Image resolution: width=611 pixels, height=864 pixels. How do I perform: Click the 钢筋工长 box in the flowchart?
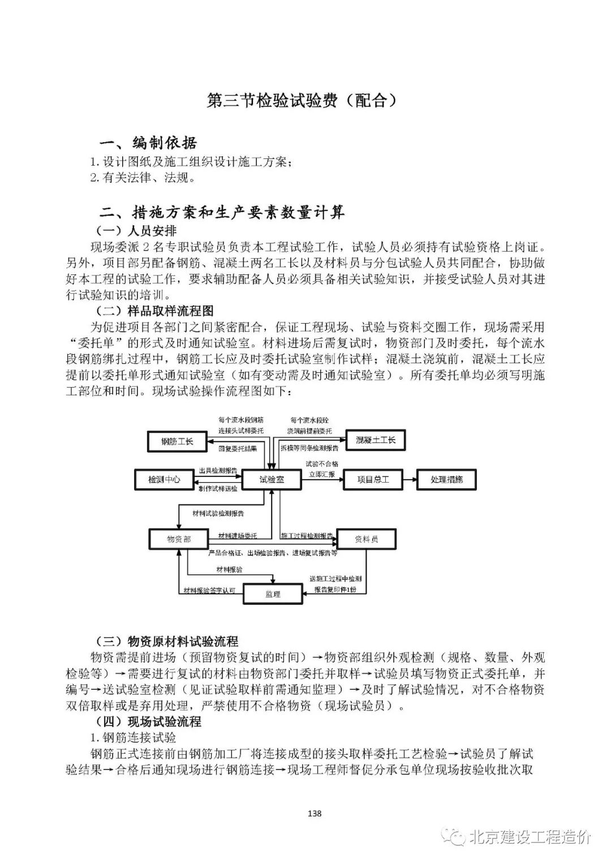(x=178, y=441)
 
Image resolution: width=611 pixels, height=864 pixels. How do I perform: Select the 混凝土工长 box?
(x=376, y=440)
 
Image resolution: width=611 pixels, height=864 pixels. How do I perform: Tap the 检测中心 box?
(x=164, y=479)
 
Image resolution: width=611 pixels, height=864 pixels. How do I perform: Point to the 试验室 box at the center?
(x=272, y=479)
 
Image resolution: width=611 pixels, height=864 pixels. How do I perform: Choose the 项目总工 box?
(x=373, y=479)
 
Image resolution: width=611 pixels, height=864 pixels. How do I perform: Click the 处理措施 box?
(x=446, y=479)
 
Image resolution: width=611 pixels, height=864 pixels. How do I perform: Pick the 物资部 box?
(x=179, y=539)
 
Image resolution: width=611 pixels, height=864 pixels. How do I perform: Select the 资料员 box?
(x=367, y=539)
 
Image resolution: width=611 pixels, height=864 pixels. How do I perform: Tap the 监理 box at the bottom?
(x=273, y=594)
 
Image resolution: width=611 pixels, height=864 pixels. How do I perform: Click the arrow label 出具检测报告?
(x=218, y=471)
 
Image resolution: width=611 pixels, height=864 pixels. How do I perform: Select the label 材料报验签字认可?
(x=209, y=590)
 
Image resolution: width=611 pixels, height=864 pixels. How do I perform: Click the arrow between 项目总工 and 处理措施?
(x=409, y=479)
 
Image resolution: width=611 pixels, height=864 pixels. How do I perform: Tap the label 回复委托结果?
(x=238, y=448)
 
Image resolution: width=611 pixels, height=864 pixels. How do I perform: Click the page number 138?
(x=313, y=814)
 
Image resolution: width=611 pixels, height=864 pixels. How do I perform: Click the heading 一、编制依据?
(x=148, y=143)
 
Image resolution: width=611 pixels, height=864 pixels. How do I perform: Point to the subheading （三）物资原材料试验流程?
(x=167, y=641)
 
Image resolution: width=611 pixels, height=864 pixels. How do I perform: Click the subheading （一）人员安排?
(x=136, y=231)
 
